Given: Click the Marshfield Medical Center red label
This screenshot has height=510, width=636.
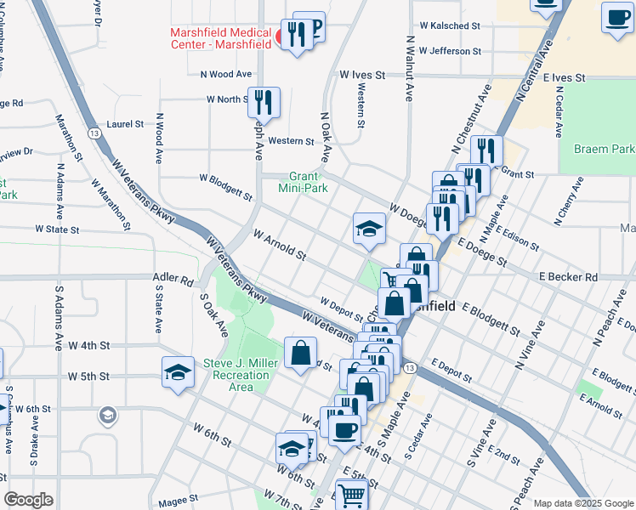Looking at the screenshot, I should point(221,39).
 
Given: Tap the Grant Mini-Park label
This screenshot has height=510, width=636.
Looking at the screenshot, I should point(305,182).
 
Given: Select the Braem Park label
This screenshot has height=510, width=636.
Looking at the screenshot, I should point(604,149).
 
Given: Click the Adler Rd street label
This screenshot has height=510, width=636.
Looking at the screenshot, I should point(174,279).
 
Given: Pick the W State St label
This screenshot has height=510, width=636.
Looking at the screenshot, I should point(57,229).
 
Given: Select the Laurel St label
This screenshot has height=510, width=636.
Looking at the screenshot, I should point(126,124).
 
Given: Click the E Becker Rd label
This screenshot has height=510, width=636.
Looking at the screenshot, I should point(568,277).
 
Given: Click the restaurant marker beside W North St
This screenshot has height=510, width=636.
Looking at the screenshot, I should point(263,102).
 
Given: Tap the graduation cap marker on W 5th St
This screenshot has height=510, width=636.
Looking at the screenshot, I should point(178,372).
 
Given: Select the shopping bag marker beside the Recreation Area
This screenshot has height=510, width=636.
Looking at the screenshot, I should point(301,353).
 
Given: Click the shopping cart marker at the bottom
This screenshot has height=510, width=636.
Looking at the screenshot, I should point(352,495).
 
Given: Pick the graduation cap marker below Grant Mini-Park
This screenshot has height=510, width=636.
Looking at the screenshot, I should point(369,228).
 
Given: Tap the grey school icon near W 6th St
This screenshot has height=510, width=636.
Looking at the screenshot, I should point(107,414).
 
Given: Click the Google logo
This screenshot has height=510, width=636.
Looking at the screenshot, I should point(29,500).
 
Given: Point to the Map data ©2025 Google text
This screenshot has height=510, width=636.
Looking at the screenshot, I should point(582,503).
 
